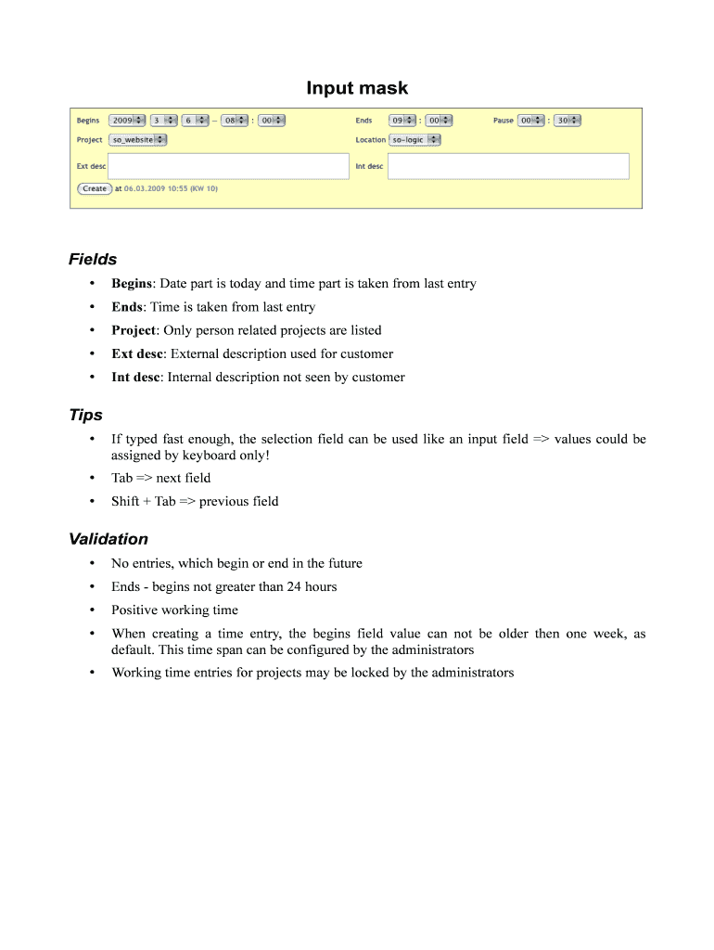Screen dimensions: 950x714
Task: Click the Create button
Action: (95, 188)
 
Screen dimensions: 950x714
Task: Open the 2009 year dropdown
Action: (127, 120)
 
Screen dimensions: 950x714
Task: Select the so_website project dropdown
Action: (138, 139)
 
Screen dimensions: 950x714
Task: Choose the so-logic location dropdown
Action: (414, 139)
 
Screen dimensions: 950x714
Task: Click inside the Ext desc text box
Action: (228, 166)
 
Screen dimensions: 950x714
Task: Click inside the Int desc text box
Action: (508, 166)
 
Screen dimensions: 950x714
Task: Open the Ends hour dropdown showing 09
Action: (402, 120)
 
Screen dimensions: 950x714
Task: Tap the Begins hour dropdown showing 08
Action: (235, 120)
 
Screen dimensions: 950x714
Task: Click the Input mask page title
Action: (357, 88)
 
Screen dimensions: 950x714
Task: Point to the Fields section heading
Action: (93, 259)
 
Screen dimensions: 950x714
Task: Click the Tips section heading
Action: (85, 415)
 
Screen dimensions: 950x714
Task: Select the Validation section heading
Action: (108, 539)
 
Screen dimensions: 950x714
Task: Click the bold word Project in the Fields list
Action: (134, 330)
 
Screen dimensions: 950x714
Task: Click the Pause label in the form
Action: (503, 121)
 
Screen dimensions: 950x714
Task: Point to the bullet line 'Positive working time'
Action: (174, 610)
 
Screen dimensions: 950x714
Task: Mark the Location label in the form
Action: (370, 140)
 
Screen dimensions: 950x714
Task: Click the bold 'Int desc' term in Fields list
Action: (135, 378)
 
